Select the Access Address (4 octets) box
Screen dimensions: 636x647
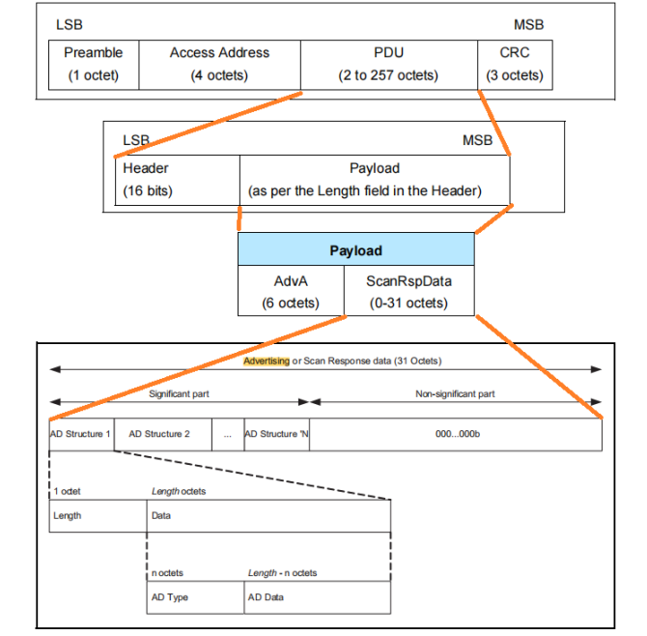point(219,64)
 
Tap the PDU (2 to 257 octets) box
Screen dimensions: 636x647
point(389,64)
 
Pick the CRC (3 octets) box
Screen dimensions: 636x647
point(515,64)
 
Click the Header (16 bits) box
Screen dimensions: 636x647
point(177,180)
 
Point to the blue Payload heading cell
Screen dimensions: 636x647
point(355,250)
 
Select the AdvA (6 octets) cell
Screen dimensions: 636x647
point(291,290)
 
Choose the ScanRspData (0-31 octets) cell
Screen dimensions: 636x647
point(409,290)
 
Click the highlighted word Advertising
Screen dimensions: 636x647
point(266,361)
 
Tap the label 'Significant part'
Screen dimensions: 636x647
point(179,394)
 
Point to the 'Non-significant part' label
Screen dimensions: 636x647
point(455,394)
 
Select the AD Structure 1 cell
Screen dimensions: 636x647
point(80,434)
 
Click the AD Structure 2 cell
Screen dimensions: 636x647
point(159,434)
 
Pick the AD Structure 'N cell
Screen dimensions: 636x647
point(276,434)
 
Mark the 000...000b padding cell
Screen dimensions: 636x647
point(456,434)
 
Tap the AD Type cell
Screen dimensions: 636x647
point(195,597)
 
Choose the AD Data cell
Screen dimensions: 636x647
point(317,597)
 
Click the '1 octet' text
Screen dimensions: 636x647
point(68,492)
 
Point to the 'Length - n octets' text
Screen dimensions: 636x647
point(282,573)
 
